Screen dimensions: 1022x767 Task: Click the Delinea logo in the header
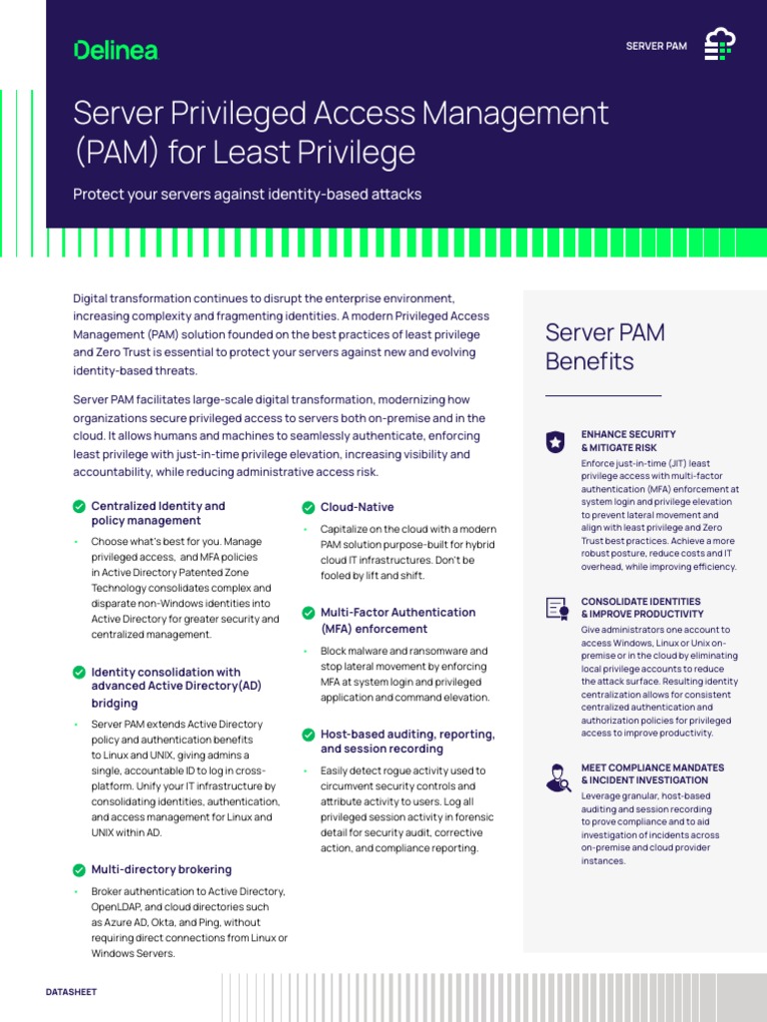116,49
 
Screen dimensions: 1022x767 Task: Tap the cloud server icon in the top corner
719,45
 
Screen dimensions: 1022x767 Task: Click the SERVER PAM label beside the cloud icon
656,46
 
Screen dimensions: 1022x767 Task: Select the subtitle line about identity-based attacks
247,194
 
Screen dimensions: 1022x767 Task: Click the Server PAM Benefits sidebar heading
604,346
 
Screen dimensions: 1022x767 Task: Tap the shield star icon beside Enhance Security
555,442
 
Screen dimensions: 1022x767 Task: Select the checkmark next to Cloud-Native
309,507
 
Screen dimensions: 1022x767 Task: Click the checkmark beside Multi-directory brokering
79,869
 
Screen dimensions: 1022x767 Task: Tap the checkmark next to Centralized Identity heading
79,507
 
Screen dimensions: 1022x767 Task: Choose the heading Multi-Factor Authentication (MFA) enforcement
397,620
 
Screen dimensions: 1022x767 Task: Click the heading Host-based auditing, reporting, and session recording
406,741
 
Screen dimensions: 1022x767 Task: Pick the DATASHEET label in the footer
72,992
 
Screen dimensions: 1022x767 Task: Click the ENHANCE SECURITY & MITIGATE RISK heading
628,441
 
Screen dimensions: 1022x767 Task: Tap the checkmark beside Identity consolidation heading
79,673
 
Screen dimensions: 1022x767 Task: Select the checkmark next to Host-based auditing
309,735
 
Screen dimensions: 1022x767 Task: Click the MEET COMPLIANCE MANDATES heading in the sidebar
652,773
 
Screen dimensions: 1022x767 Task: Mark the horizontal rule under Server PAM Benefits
603,396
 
